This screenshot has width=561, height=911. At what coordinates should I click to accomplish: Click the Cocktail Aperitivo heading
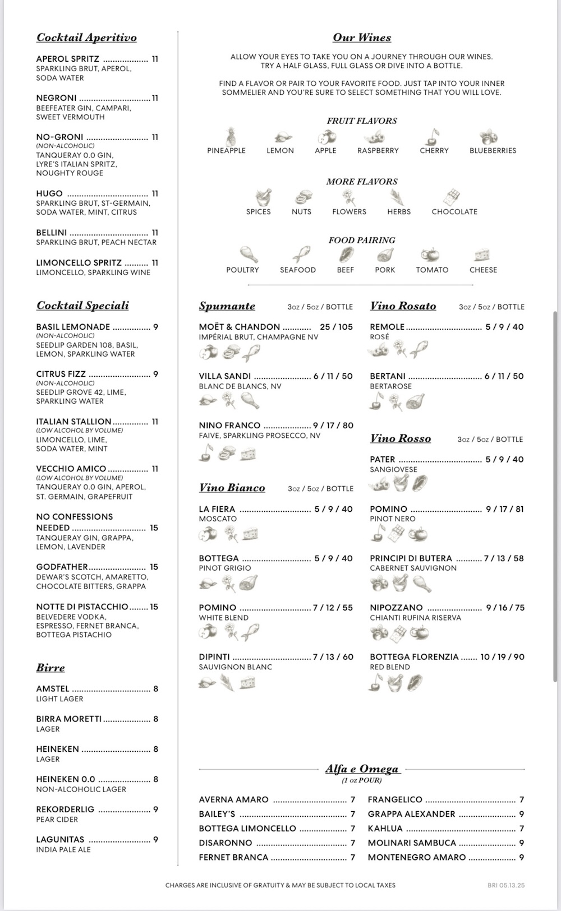point(86,38)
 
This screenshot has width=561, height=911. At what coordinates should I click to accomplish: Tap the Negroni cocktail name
point(56,98)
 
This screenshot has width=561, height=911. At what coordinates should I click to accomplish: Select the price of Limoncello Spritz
point(155,263)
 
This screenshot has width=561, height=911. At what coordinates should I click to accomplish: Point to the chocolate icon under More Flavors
point(452,197)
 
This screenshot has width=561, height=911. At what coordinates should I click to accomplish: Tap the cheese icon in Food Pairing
point(481,256)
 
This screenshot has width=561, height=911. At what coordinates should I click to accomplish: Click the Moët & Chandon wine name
point(239,327)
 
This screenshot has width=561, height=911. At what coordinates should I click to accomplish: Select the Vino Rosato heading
point(403,306)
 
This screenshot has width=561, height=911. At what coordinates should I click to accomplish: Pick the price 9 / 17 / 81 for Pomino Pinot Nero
point(504,509)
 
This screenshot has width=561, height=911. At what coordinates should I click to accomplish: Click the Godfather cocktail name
point(62,567)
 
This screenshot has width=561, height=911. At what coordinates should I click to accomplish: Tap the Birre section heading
point(50,668)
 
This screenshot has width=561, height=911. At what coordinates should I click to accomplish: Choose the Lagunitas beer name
point(60,840)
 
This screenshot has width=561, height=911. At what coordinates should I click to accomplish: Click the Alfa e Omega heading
point(362,769)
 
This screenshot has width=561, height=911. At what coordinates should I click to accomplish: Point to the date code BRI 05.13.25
point(506,886)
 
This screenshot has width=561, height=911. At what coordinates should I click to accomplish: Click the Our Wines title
point(362,38)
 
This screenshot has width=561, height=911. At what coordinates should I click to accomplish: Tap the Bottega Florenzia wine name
point(414,657)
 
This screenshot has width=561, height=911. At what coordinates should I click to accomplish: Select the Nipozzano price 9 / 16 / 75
point(505,608)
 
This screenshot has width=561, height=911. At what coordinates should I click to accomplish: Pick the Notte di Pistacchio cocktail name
point(82,607)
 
